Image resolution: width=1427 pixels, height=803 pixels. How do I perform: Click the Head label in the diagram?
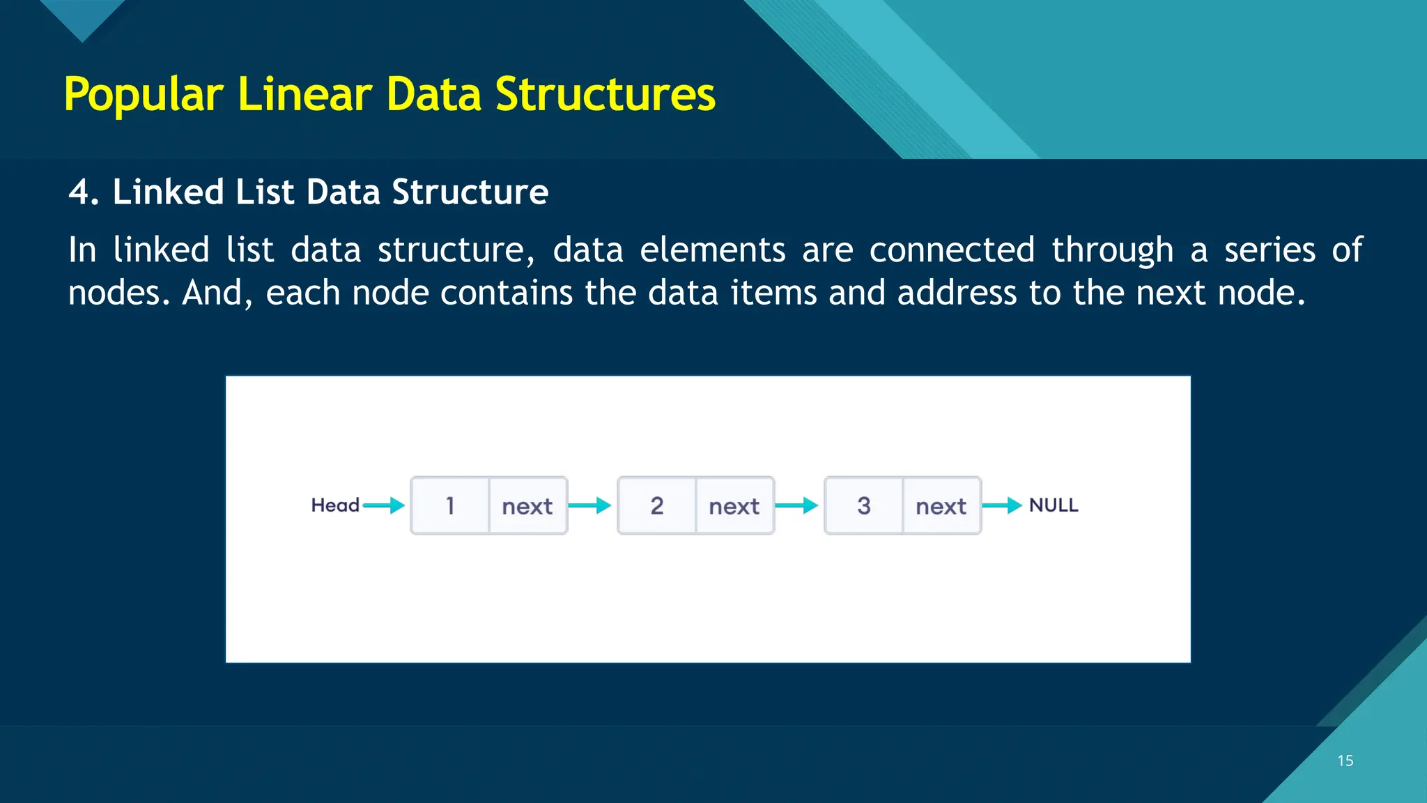[334, 505]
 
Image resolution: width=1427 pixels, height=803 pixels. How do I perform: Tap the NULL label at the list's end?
[1053, 505]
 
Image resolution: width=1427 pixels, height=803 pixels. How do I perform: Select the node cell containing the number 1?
[450, 505]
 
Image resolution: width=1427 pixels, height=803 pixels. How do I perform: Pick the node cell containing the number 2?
[656, 505]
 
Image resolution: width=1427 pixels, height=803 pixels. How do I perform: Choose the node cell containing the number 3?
[863, 505]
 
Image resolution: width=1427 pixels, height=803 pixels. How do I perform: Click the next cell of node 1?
[527, 506]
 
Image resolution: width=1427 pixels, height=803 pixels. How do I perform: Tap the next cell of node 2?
[734, 506]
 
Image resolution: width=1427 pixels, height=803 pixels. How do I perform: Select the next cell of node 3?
[941, 506]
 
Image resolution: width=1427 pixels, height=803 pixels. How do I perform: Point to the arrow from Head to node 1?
[384, 505]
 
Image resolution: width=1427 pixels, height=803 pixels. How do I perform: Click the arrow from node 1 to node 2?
[590, 505]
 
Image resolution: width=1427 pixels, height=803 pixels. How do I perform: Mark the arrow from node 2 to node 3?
[796, 505]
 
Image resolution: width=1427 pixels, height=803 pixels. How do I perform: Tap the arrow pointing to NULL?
[1002, 505]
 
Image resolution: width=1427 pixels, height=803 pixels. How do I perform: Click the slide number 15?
[1345, 760]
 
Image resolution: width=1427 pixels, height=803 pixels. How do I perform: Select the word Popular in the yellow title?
[144, 95]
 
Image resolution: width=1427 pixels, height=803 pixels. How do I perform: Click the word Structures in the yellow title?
[605, 95]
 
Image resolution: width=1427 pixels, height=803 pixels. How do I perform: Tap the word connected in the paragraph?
[951, 250]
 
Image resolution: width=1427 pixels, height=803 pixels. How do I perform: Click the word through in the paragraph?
[1112, 250]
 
